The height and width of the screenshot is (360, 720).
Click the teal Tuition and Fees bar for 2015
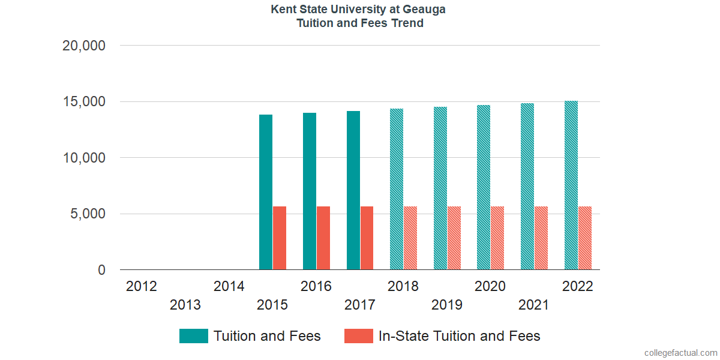266,192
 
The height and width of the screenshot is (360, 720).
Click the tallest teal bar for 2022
571,185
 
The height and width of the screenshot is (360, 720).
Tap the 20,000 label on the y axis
84,46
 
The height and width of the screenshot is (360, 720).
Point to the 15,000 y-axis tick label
84,101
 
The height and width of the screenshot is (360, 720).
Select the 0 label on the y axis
101,270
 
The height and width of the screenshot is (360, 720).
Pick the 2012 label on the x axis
142,286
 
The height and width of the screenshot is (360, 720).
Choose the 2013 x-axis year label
185,305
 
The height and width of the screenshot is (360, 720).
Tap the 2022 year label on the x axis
577,286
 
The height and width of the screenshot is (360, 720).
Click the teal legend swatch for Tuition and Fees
194,336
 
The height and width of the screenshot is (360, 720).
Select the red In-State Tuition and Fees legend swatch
358,336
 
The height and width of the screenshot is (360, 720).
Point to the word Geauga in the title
425,10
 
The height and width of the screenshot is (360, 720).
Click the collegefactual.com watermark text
680,353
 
